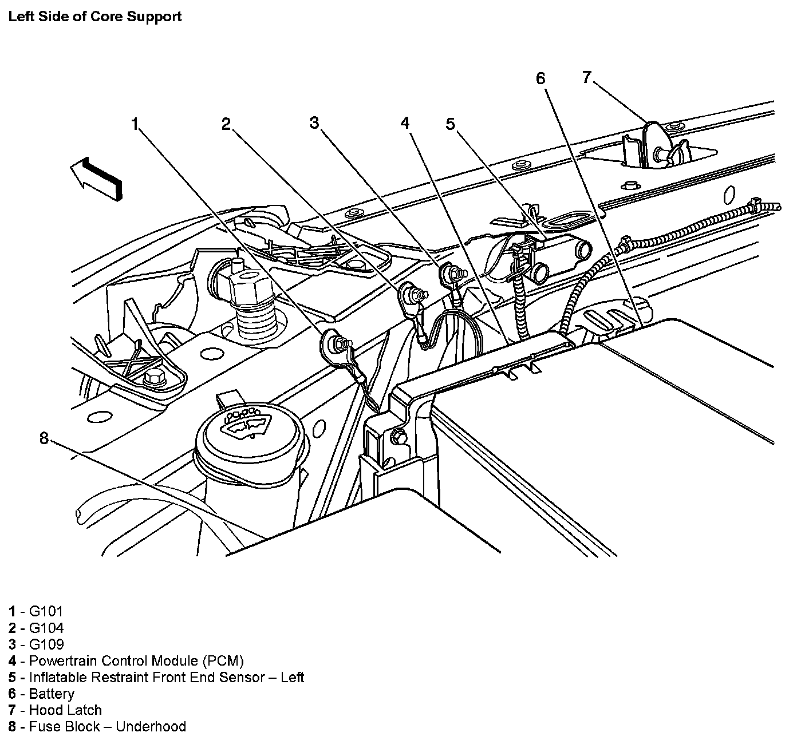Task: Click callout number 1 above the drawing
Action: coord(135,124)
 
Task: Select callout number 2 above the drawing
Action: coord(227,124)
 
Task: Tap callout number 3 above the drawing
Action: coord(314,122)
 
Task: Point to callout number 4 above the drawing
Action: coord(405,123)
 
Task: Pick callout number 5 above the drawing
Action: coord(451,124)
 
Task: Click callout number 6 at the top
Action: coord(541,78)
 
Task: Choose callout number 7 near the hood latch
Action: coord(586,77)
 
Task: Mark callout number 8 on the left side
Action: coord(44,438)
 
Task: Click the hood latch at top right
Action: coord(658,148)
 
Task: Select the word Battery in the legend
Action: coord(52,694)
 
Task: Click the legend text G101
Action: coord(46,611)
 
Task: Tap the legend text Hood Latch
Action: coord(65,710)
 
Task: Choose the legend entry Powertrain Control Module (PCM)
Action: coord(136,661)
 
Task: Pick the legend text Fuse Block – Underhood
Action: coord(108,727)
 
